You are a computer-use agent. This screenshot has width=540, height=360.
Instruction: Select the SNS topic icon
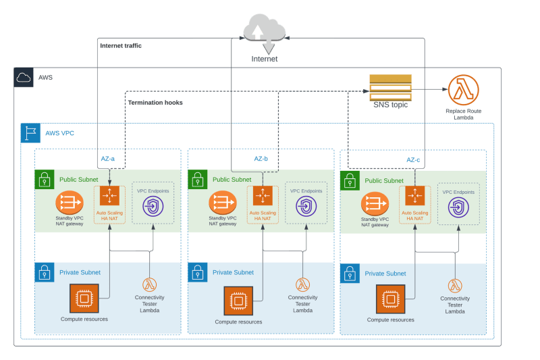click(390, 88)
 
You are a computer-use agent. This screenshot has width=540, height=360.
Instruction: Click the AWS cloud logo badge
click(24, 78)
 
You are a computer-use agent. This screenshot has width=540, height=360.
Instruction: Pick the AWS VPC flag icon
click(30, 133)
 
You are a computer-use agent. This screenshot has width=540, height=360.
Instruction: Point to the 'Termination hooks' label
click(155, 103)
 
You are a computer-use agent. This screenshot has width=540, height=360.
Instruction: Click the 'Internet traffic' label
click(121, 46)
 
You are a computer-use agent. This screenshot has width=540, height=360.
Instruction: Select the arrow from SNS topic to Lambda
click(429, 89)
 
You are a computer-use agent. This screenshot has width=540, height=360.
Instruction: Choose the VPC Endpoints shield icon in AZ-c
click(459, 208)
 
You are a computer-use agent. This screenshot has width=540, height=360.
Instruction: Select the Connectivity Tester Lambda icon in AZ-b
click(302, 285)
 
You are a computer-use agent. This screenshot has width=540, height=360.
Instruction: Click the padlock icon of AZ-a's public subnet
click(44, 180)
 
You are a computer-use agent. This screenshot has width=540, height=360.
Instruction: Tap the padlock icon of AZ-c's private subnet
click(350, 274)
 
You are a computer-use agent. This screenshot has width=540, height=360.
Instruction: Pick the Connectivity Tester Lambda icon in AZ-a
click(149, 285)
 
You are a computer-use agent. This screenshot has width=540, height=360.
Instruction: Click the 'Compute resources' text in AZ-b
click(238, 322)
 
